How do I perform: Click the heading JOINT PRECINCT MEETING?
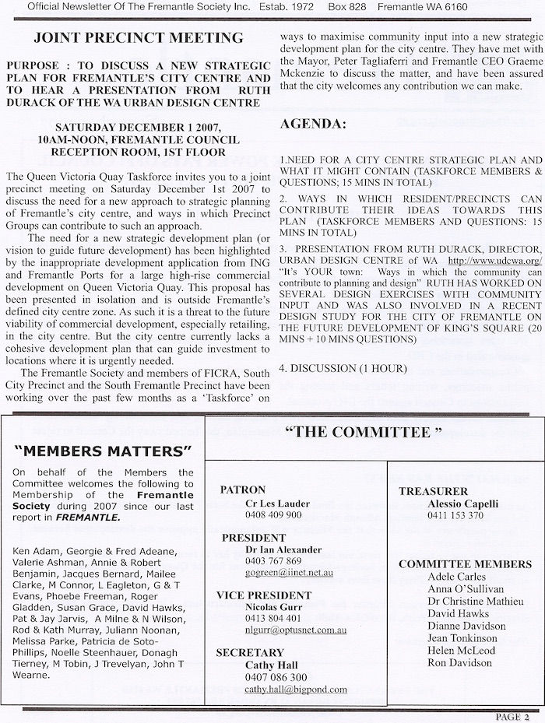(x=139, y=38)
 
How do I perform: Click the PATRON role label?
(x=244, y=490)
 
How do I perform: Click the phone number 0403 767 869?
(x=273, y=561)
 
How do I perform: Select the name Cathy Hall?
(x=271, y=665)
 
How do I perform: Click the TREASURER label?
(x=433, y=491)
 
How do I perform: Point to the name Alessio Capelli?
(x=462, y=504)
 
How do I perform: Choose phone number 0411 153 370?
(x=455, y=515)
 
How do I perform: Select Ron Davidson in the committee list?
(x=459, y=663)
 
